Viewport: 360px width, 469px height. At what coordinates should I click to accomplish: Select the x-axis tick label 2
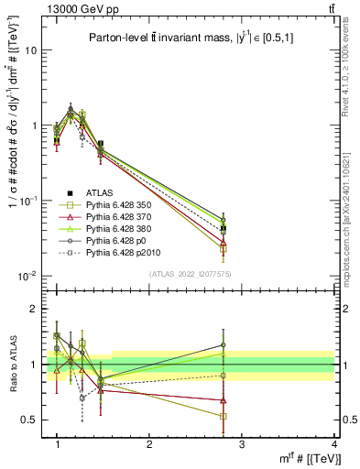tap(149, 444)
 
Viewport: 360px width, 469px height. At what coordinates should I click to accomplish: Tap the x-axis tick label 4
tap(333, 444)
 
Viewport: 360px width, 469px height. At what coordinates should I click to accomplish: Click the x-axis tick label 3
tap(241, 444)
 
